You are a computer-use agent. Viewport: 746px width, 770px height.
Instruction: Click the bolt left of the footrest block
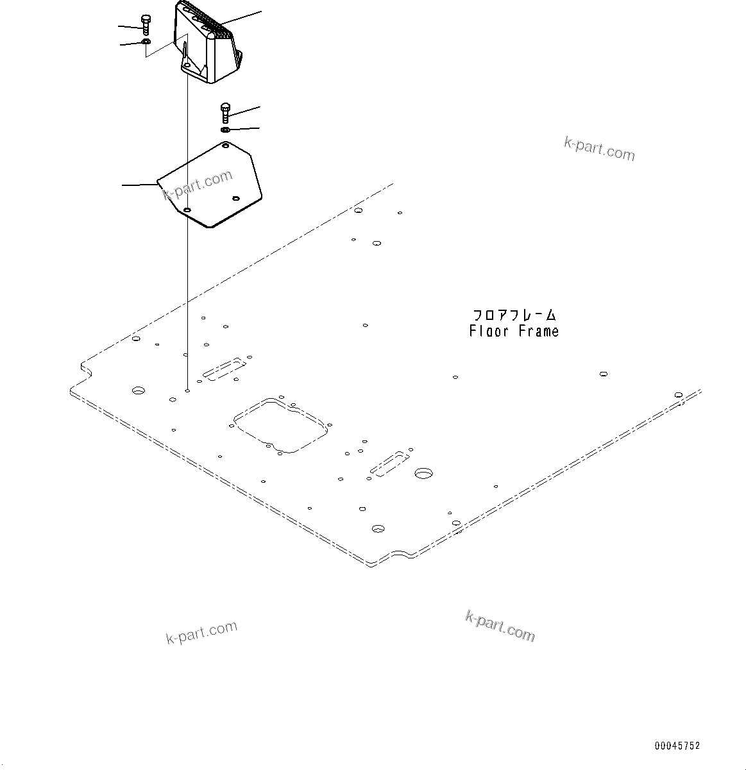tap(146, 24)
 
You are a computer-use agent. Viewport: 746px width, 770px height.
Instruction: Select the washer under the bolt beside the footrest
tap(146, 42)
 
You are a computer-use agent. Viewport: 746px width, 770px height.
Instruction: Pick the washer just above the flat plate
tap(226, 130)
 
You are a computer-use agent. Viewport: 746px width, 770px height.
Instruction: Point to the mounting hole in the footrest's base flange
tap(185, 65)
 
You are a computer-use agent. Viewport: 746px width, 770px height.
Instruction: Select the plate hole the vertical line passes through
tap(187, 210)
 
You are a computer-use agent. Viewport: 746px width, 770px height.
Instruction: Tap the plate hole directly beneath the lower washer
tap(225, 146)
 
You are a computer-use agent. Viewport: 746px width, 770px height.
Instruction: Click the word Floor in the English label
tap(489, 331)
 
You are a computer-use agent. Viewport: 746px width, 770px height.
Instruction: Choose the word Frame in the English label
tap(539, 331)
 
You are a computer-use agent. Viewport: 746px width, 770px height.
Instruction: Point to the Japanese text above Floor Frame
tap(514, 315)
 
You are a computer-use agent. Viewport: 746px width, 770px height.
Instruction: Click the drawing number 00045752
tap(677, 746)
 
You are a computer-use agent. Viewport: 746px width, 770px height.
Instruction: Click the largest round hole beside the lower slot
tap(423, 473)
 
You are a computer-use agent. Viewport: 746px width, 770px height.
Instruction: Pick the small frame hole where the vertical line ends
tap(187, 390)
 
